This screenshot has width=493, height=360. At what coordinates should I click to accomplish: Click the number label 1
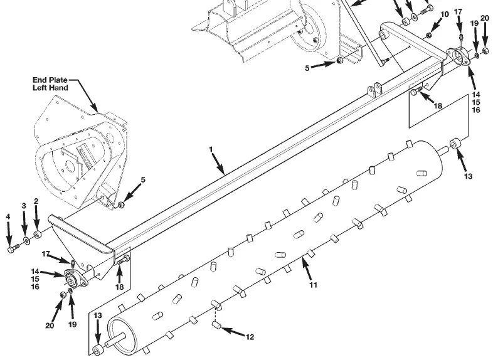click(211, 149)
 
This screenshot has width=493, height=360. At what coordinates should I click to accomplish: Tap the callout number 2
click(36, 201)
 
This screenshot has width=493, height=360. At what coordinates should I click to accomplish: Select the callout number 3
click(24, 206)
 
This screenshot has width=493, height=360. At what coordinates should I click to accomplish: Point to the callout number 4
click(8, 216)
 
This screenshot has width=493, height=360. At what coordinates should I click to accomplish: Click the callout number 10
click(445, 14)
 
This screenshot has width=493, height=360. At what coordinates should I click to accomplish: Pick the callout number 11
click(313, 285)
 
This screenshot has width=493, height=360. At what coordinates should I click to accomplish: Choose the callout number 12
click(250, 337)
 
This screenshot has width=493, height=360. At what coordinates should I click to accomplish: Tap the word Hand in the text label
click(59, 88)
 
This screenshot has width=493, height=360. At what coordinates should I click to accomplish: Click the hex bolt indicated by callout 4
click(13, 250)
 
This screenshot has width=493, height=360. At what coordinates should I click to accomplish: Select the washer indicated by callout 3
click(27, 241)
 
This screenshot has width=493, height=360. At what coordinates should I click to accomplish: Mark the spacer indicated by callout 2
click(38, 235)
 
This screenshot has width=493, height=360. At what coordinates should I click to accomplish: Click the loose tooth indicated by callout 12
click(216, 324)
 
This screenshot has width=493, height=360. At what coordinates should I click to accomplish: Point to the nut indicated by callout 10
click(428, 35)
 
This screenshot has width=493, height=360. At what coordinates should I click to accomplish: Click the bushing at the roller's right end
click(455, 144)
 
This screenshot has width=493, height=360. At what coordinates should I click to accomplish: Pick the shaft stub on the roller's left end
click(111, 342)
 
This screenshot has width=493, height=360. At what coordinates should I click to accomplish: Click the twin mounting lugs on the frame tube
click(374, 90)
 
